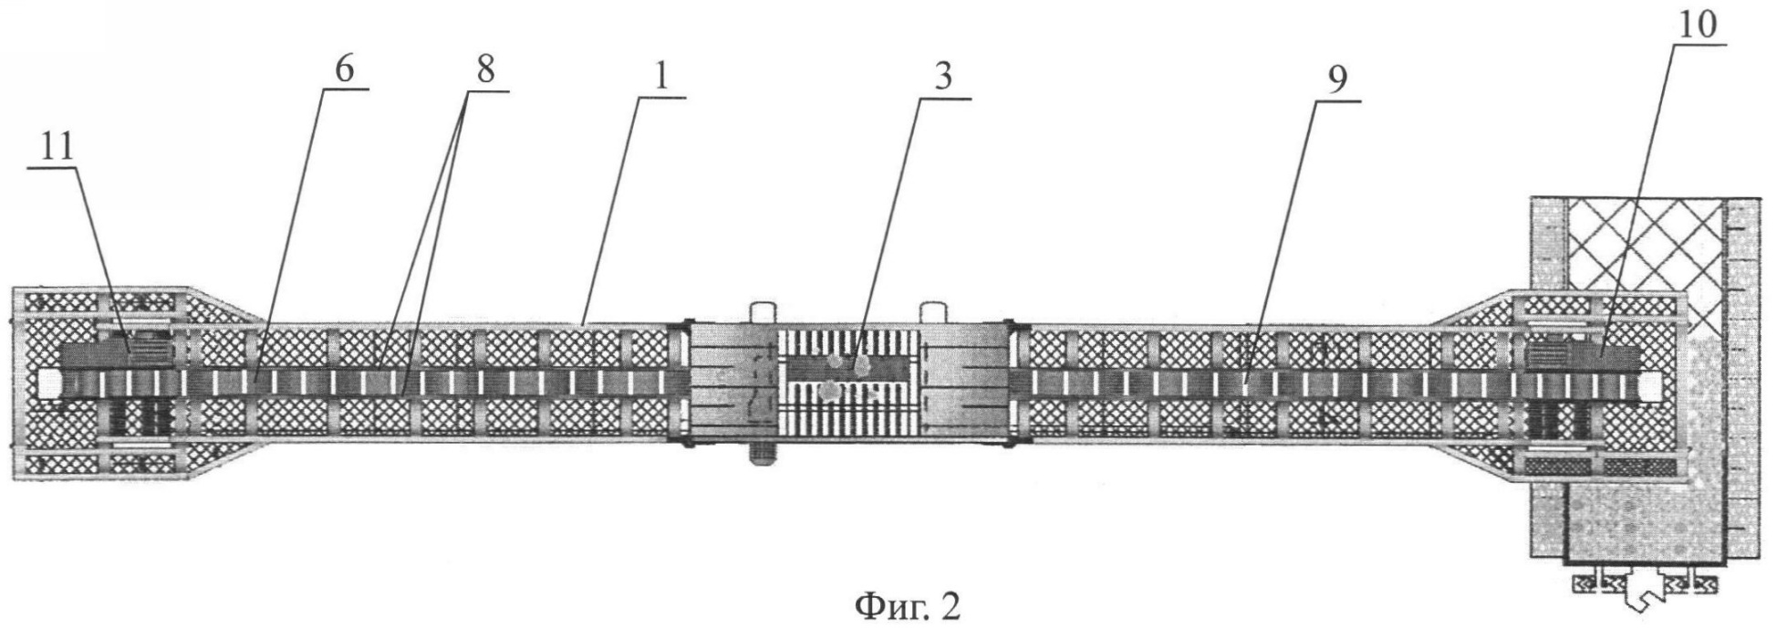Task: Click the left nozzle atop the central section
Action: coord(759,312)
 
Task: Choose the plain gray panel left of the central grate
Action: coord(732,381)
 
